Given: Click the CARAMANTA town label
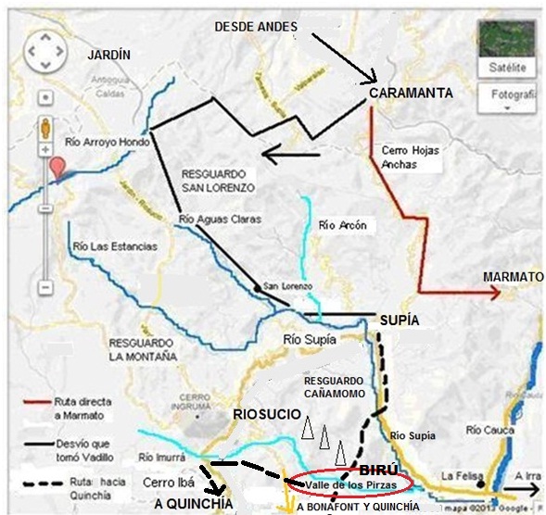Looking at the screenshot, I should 411,94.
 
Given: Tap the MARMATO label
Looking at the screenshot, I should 513,277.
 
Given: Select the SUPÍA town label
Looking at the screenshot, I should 400,320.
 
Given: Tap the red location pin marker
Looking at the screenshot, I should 58,169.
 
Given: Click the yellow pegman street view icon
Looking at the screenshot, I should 44,127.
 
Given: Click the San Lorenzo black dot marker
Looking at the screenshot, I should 258,289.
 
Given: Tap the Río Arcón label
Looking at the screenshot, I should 342,225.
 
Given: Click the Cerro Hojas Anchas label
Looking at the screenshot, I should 412,157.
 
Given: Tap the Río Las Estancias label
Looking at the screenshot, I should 114,246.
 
